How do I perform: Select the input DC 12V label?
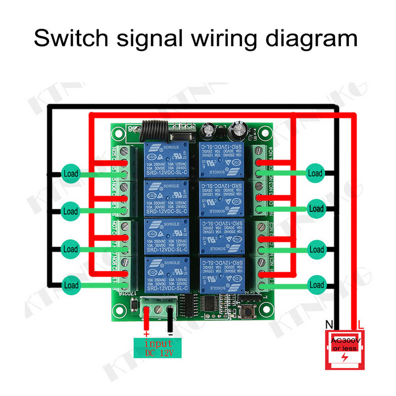pos(157,347)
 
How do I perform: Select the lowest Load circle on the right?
pos(316,285)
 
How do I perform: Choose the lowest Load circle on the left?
pos(71,285)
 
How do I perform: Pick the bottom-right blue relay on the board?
pos(221,275)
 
